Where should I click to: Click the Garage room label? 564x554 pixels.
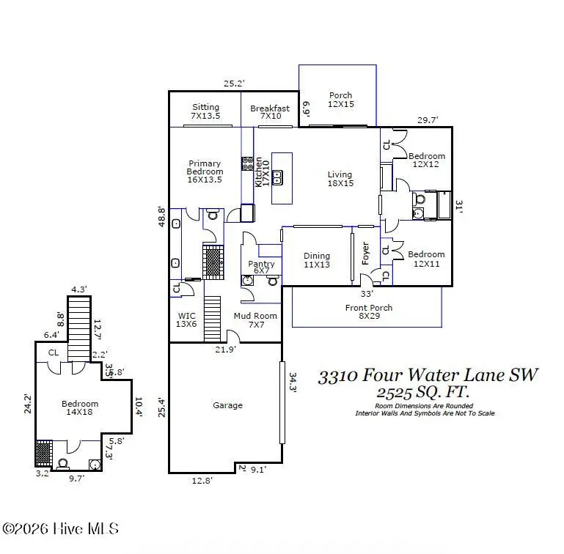227,405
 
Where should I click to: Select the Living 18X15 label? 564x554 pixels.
340,179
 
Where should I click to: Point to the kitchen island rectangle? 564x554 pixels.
282,178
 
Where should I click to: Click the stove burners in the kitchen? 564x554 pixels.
248,163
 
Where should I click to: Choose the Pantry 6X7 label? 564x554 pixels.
261,267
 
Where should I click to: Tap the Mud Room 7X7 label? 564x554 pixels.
255,321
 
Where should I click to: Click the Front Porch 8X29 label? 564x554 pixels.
368,312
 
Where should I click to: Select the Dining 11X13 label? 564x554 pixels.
317,260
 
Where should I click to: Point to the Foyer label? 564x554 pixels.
365,254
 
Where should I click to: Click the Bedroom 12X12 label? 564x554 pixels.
426,160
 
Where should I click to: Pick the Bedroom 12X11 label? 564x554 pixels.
426,259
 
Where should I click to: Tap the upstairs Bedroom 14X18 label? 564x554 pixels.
79,408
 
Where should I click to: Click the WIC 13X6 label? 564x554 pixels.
187,320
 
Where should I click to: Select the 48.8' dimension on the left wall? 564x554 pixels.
162,216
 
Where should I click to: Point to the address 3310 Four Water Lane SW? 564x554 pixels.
428,375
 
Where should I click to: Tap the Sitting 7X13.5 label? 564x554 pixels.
205,111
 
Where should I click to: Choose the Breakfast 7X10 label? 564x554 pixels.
269,112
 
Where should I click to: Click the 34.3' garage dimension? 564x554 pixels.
292,383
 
